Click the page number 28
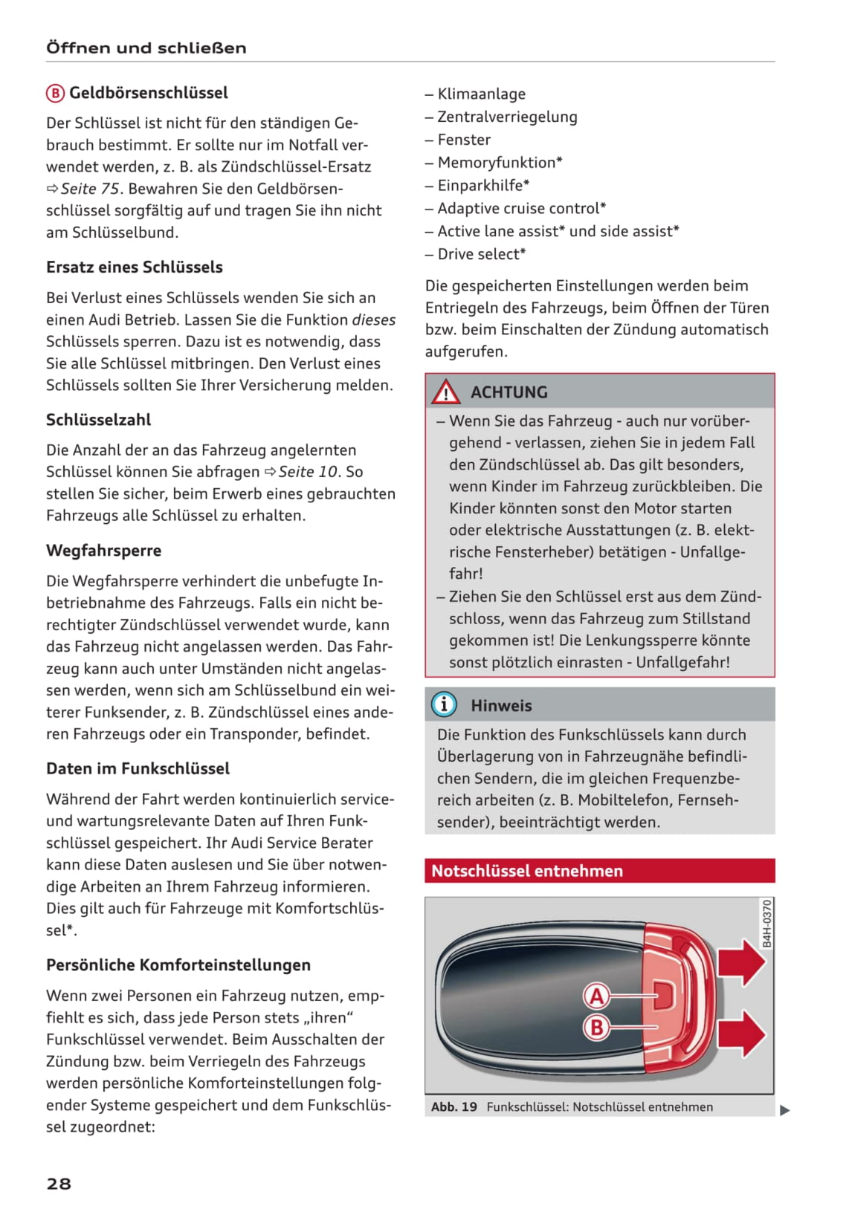pos(59,1184)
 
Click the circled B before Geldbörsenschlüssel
pos(55,94)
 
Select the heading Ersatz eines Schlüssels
pos(135,267)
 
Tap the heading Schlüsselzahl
pos(98,420)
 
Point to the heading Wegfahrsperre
pos(103,551)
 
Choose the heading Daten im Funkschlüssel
pos(138,768)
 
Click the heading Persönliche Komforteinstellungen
pos(178,965)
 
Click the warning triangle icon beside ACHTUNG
pos(446,392)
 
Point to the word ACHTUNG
pos(509,392)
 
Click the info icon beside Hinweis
pos(444,704)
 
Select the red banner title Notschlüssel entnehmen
pos(527,871)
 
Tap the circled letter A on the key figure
pos(596,996)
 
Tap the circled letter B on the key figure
pos(596,1028)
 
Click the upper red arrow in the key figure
pos(741,962)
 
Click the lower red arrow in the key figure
pos(741,1034)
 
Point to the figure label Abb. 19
pos(454,1107)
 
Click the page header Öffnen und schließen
pos(146,48)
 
